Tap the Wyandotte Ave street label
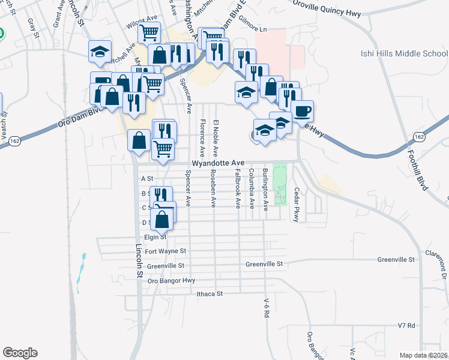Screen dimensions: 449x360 218,163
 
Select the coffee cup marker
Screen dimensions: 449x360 303,112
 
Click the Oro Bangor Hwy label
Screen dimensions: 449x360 172,280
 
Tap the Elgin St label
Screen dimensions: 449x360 154,237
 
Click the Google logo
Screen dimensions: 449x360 20,353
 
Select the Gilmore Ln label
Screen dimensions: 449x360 252,29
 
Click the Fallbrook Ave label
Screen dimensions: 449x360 238,188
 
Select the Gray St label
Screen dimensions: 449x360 31,27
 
